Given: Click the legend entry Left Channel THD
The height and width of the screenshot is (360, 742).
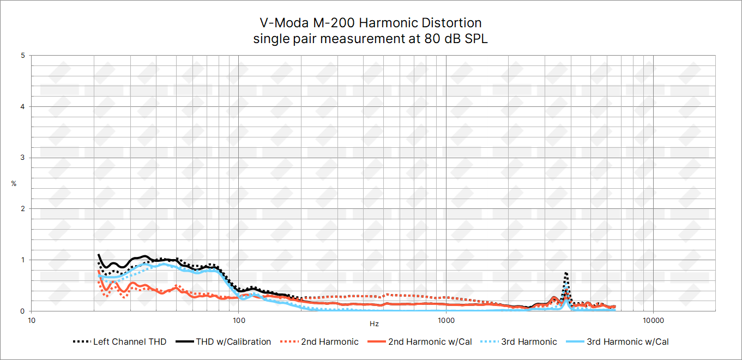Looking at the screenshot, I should point(119,342).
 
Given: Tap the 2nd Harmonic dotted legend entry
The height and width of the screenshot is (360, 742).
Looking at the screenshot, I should point(320,342).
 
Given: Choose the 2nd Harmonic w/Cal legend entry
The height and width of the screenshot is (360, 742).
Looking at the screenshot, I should point(419,342).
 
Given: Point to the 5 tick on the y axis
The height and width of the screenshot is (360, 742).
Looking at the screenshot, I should point(22,56).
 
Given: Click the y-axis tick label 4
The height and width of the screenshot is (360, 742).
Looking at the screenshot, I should point(22,106).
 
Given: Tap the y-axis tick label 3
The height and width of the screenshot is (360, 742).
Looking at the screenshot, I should point(22,158).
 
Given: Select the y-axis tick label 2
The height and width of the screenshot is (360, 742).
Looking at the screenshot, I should point(22,208).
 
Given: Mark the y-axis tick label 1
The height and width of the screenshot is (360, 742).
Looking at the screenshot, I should point(22,260).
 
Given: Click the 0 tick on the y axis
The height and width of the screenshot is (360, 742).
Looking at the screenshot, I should point(22,311).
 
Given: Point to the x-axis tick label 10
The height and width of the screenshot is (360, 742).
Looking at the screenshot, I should point(32,319).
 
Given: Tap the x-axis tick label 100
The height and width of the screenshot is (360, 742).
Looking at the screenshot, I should point(239,319).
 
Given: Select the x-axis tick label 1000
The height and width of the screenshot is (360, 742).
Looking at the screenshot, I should point(446,319).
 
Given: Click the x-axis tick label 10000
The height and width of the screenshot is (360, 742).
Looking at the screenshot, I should point(653,319).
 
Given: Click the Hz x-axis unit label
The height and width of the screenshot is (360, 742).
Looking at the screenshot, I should point(374,324).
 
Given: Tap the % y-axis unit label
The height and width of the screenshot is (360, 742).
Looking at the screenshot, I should point(14,184).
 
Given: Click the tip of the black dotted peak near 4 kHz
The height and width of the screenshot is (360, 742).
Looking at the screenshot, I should point(566,273).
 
